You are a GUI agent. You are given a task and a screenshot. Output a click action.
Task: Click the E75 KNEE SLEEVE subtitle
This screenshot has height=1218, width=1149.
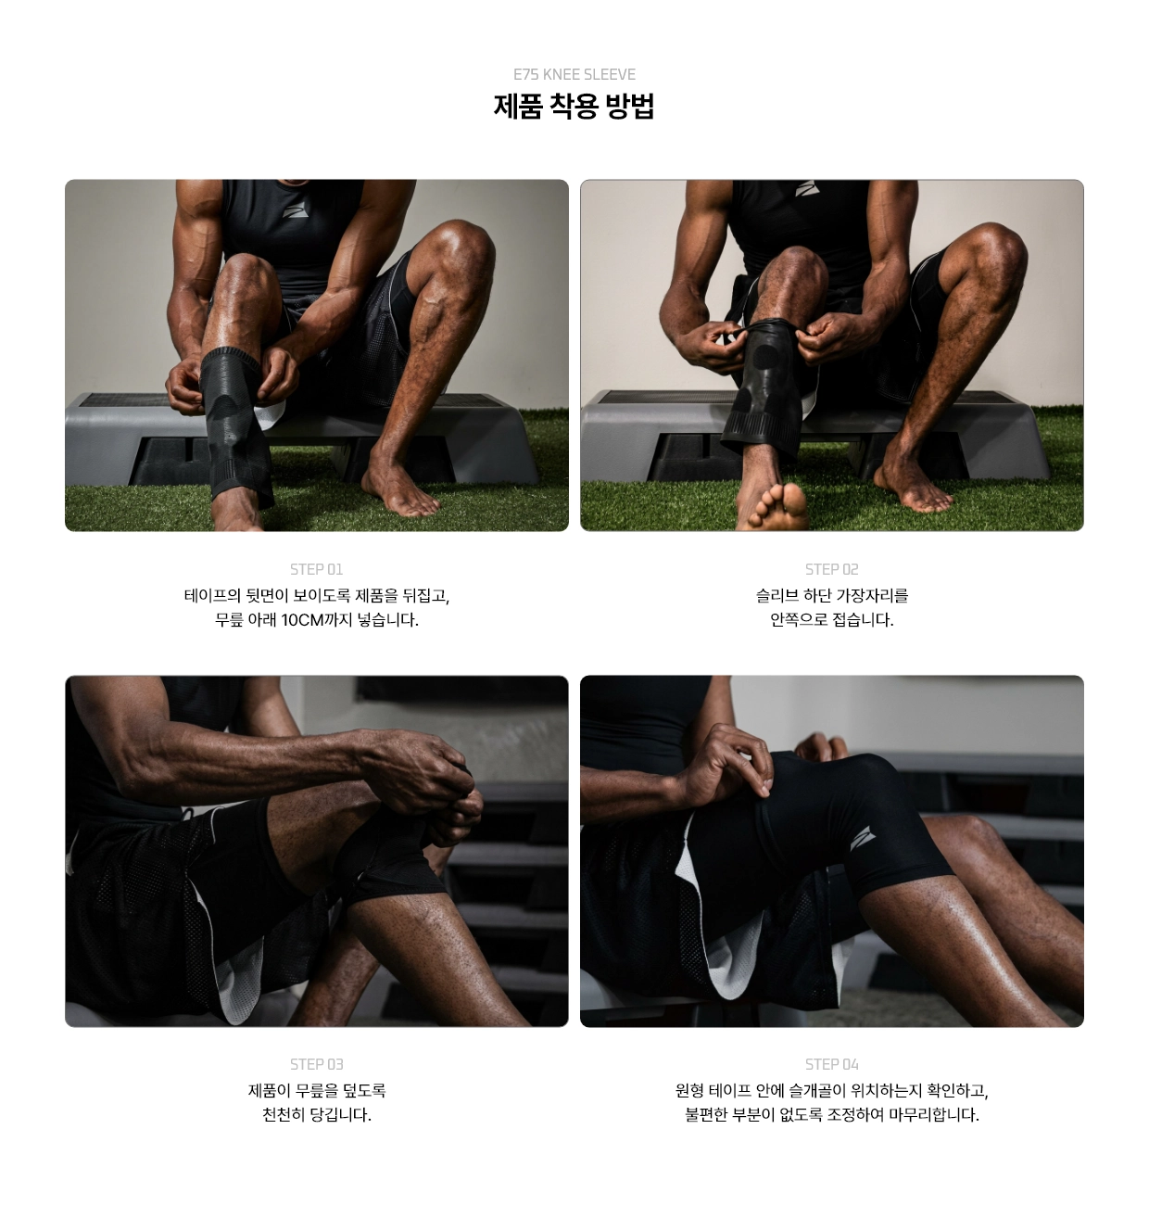coord(574,74)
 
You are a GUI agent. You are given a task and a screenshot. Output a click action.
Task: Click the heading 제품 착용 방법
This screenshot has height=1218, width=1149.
coord(574,107)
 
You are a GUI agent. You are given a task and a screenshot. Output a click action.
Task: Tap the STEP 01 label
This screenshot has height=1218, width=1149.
coord(316,569)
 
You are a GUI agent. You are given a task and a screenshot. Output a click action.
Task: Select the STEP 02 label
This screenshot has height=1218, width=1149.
coord(831,569)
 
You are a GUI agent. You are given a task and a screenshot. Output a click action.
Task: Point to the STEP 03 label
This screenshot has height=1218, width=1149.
coord(316,1064)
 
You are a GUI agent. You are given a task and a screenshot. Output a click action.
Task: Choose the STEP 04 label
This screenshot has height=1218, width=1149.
coord(831,1064)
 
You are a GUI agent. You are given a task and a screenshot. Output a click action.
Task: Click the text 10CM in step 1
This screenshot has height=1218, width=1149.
coord(302,620)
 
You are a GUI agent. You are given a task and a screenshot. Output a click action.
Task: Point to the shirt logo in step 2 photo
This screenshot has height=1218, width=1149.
coord(807,188)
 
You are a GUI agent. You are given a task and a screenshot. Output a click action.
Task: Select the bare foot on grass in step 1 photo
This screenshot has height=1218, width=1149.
coord(398,488)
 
